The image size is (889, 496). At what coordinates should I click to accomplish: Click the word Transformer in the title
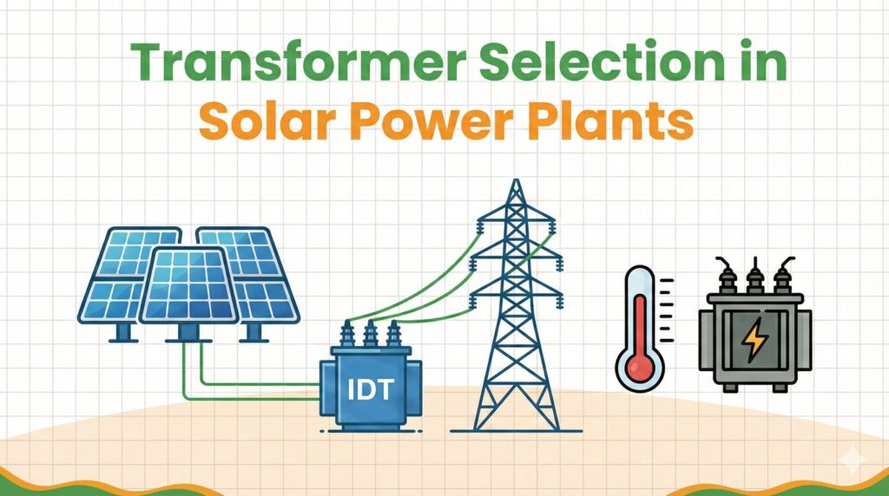click(x=299, y=62)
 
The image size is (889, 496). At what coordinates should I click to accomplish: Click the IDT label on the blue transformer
click(x=370, y=389)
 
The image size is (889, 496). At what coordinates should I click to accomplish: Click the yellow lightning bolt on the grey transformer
click(x=755, y=340)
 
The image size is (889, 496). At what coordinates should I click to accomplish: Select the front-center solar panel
click(x=188, y=286)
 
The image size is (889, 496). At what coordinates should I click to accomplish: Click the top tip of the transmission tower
click(x=516, y=180)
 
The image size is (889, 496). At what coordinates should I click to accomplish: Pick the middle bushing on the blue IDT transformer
click(x=370, y=334)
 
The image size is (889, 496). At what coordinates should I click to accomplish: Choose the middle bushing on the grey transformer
click(x=754, y=276)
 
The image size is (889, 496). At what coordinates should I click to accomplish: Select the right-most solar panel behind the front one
click(x=249, y=275)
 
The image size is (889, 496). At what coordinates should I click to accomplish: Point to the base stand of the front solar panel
click(x=188, y=334)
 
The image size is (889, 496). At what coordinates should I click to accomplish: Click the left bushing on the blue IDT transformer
click(x=347, y=334)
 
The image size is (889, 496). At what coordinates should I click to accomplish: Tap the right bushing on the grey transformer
click(x=784, y=276)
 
